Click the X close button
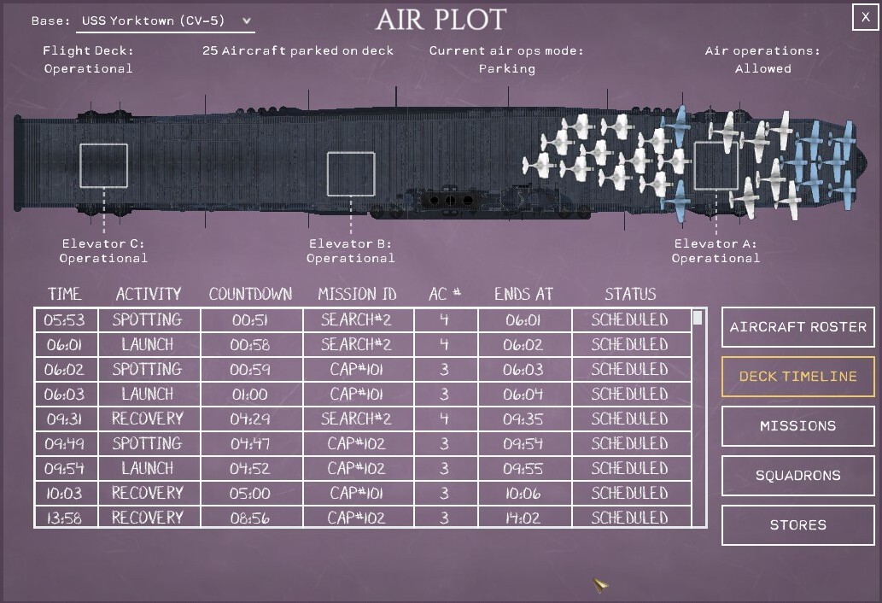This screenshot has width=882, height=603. [x=865, y=17]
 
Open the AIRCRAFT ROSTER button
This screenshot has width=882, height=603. [x=797, y=327]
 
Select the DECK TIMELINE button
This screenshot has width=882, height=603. [x=797, y=377]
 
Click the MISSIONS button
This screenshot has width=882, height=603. [x=797, y=426]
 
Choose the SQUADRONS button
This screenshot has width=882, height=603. [x=797, y=476]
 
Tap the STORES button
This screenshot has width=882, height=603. [x=797, y=524]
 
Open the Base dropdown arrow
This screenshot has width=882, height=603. [x=247, y=20]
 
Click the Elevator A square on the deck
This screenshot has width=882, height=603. [x=695, y=166]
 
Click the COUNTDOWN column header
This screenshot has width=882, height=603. [x=250, y=294]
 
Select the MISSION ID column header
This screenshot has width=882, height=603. [x=357, y=294]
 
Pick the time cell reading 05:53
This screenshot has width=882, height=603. [x=65, y=320]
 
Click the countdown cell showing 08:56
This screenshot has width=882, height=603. [x=250, y=518]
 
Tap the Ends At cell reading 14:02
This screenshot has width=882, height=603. [x=523, y=518]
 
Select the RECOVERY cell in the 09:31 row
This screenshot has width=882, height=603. [x=148, y=419]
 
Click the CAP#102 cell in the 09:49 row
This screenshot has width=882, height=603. [x=357, y=443]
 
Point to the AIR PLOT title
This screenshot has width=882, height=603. [x=441, y=20]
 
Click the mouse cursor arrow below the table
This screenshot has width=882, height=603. [x=599, y=584]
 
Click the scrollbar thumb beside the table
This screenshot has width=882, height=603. [x=698, y=318]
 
